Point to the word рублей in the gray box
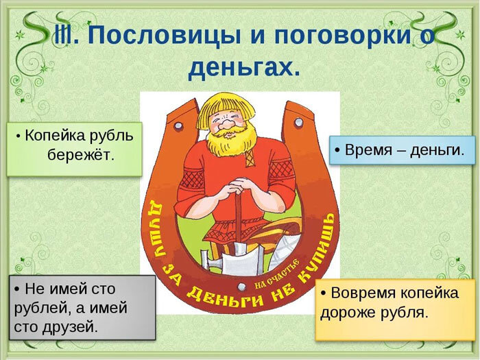pos(36,307)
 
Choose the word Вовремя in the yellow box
pos(364,293)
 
